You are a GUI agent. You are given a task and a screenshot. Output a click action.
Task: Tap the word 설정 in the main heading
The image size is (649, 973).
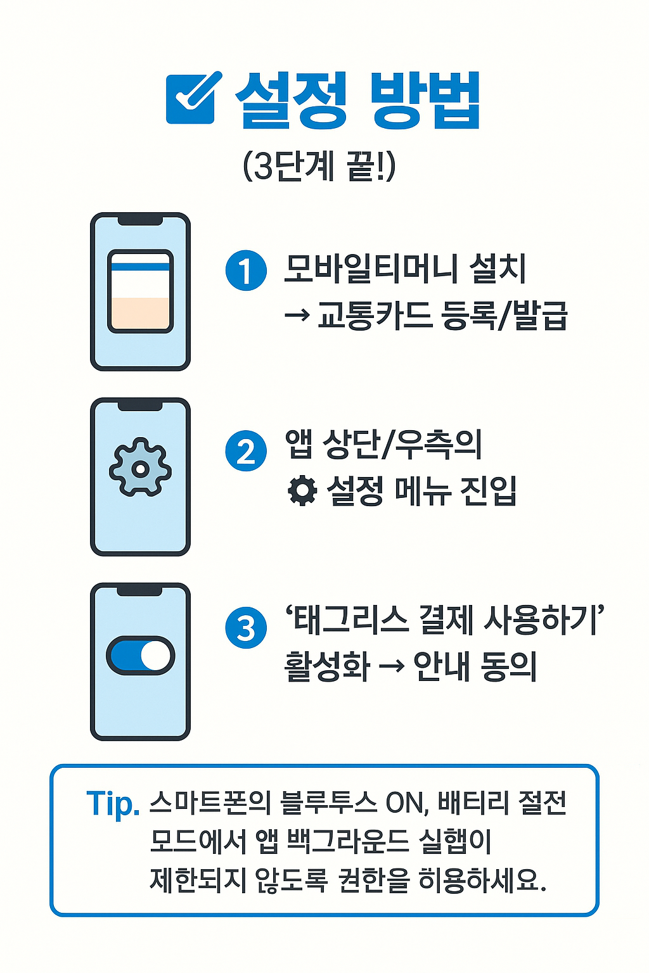pyautogui.click(x=291, y=100)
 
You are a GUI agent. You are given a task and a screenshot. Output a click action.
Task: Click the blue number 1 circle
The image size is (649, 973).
pyautogui.click(x=246, y=270)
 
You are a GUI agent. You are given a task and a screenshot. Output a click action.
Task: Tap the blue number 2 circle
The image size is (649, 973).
pyautogui.click(x=246, y=450)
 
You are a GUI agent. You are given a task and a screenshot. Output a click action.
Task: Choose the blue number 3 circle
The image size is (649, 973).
pyautogui.click(x=246, y=628)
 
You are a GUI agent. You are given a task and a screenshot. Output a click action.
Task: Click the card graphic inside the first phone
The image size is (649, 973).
pyautogui.click(x=140, y=291)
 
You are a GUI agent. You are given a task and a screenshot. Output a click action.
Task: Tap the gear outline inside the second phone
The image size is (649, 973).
pyautogui.click(x=140, y=468)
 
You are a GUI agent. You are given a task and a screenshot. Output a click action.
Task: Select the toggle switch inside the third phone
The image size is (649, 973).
pyautogui.click(x=140, y=655)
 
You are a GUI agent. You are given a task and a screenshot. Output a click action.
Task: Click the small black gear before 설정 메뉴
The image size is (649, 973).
pyautogui.click(x=302, y=490)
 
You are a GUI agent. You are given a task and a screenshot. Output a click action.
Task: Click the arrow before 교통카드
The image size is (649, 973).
pyautogui.click(x=297, y=315)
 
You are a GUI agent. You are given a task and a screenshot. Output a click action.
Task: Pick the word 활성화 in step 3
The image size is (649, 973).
pyautogui.click(x=326, y=667)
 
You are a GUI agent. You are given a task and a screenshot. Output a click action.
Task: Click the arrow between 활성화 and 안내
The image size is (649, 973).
pyautogui.click(x=391, y=667)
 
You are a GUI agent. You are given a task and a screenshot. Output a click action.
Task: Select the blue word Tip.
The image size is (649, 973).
pyautogui.click(x=112, y=804)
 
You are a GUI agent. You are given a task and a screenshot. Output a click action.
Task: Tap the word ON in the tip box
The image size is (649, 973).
pyautogui.click(x=404, y=804)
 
